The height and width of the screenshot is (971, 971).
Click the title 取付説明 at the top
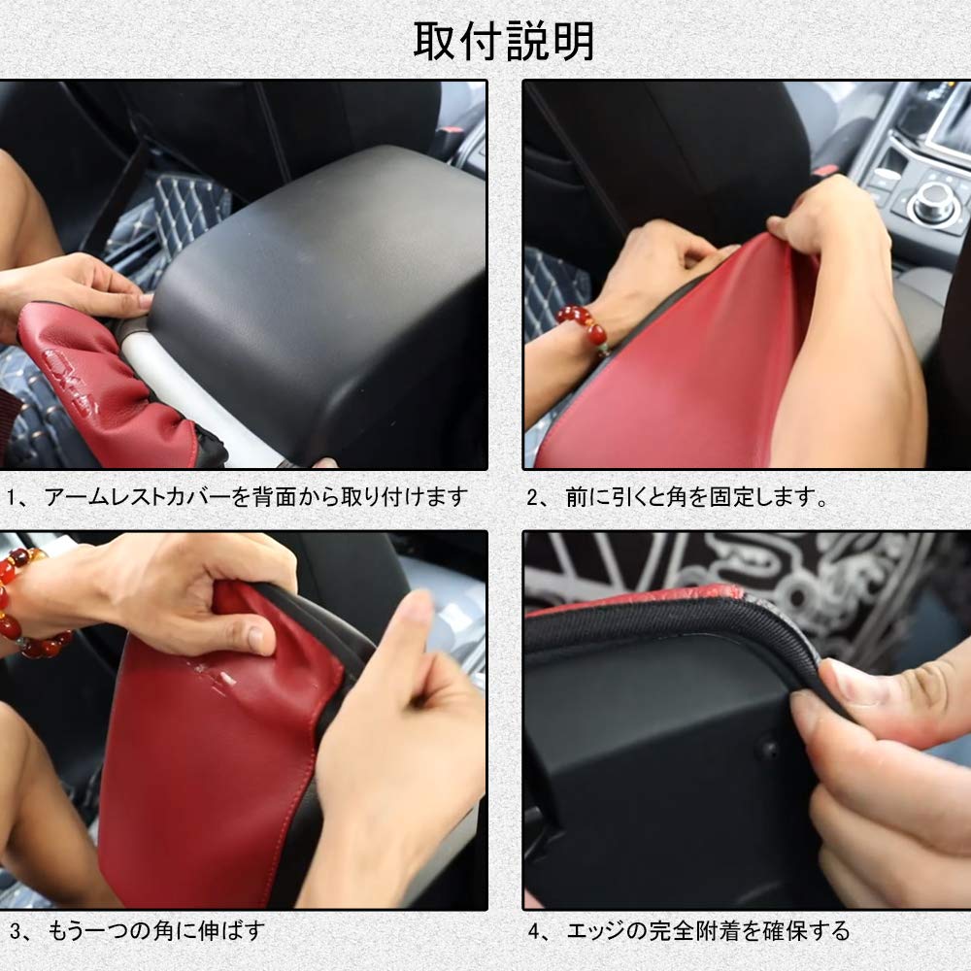pos(504,42)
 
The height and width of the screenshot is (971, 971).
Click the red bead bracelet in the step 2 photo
pos(583,324)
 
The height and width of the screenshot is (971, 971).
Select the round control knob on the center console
pos(933,200)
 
